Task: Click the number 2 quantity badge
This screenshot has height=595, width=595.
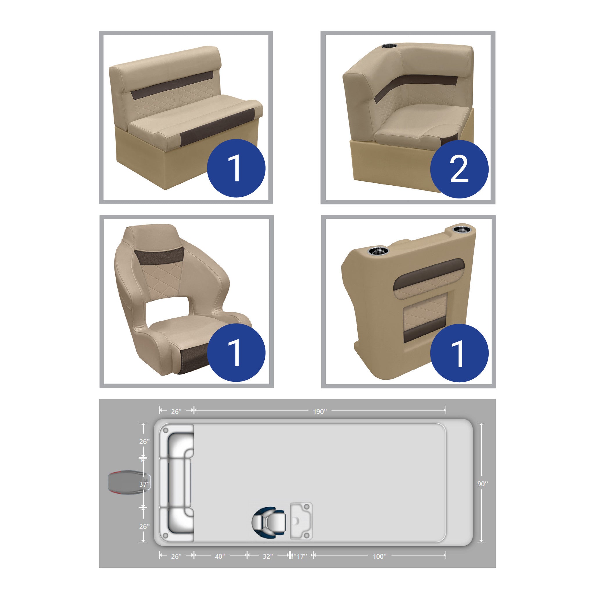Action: (x=459, y=169)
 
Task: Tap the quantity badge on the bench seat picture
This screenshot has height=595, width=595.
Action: (x=236, y=168)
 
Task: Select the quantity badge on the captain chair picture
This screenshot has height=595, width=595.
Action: (x=236, y=353)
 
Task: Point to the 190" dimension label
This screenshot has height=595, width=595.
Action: (x=320, y=411)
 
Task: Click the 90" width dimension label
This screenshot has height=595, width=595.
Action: (x=483, y=484)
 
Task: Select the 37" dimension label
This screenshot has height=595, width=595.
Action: (x=144, y=484)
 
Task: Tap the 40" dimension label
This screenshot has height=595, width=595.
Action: (x=220, y=556)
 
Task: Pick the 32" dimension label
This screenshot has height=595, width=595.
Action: (x=268, y=556)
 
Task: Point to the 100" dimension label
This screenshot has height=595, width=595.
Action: (x=379, y=556)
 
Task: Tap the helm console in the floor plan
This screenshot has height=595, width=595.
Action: (x=301, y=521)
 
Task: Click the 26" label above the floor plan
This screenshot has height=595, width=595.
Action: (x=176, y=411)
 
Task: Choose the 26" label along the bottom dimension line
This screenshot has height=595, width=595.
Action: (x=176, y=556)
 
